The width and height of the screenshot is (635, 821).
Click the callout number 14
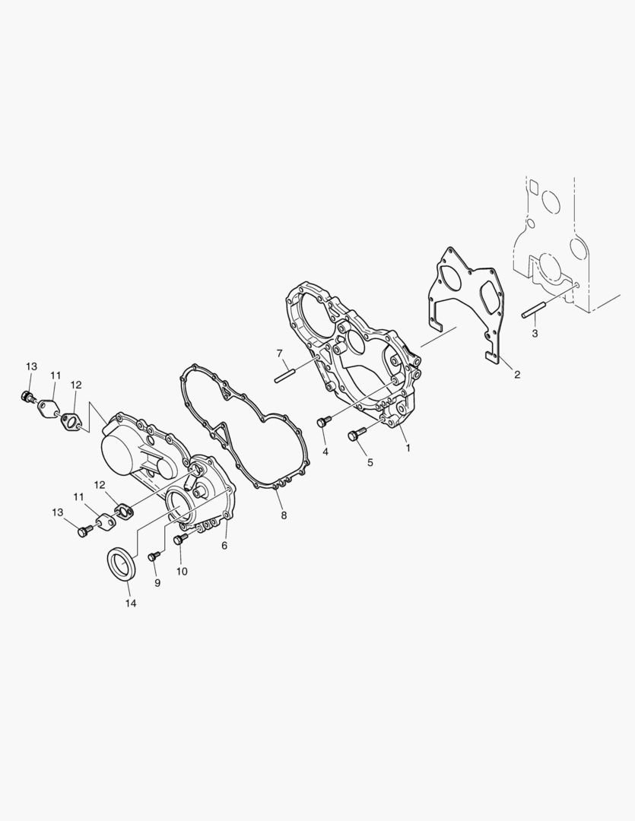click(131, 603)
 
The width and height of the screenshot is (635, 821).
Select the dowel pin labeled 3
click(534, 309)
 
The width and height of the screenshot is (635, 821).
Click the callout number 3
click(535, 334)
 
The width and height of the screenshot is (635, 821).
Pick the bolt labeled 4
click(323, 421)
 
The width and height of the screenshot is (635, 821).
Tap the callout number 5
click(370, 462)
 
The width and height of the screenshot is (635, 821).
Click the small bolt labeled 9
click(153, 557)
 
